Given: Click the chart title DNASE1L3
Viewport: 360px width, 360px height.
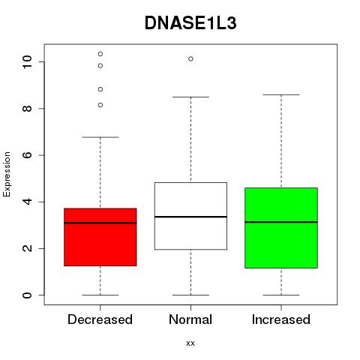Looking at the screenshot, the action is tap(190, 23).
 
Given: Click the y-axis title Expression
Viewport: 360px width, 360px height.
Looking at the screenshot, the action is tap(7, 174).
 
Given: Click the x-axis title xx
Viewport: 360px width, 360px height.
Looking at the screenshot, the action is tap(190, 343).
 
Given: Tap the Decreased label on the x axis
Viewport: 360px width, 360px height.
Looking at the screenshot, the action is tap(100, 319).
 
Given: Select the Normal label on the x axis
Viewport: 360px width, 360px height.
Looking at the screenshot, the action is tap(190, 319).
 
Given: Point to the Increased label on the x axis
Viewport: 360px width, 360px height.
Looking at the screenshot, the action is tap(281, 319).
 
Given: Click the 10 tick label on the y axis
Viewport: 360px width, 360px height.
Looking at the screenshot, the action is tap(27, 61).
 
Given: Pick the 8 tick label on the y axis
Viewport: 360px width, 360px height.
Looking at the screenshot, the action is tap(27, 108).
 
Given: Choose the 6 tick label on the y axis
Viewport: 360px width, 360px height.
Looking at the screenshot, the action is tap(27, 155).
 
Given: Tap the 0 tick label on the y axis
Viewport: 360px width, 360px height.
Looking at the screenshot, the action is tap(27, 295).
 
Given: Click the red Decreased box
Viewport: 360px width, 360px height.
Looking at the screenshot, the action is tap(100, 237).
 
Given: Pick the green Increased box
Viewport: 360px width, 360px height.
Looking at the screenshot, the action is tap(281, 228).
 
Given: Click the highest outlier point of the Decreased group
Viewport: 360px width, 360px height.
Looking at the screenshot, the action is tap(100, 54).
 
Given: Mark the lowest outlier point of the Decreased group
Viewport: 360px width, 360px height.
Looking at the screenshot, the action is tap(100, 105).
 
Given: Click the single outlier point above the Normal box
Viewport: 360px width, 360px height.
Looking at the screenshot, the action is tap(190, 59).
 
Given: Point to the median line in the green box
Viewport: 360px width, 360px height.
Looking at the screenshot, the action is tap(281, 222).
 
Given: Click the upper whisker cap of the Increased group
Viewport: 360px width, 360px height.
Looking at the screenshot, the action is tap(281, 94).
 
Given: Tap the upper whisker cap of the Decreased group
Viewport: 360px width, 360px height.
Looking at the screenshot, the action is tap(100, 137).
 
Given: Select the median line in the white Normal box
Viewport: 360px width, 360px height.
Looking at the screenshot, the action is tap(190, 217).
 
